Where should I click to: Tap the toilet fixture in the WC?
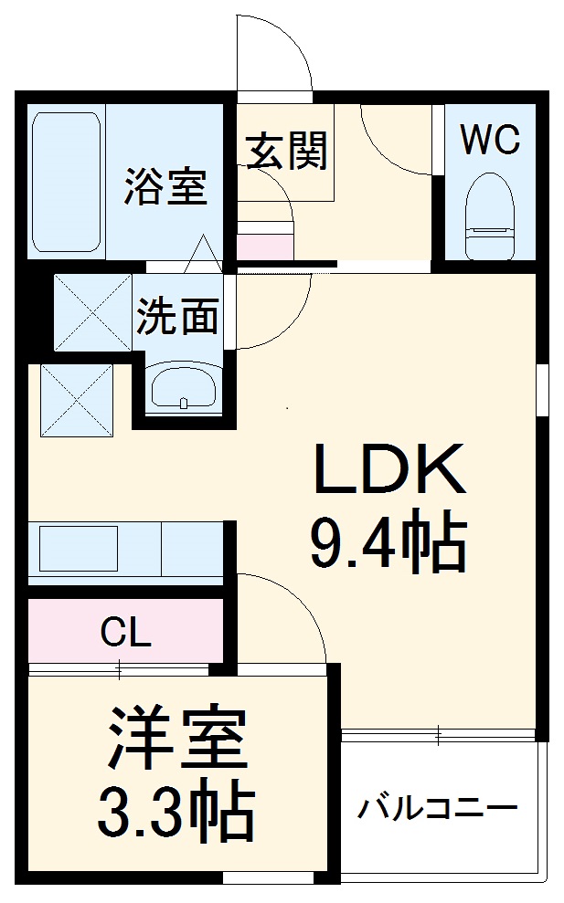pyautogui.click(x=490, y=215)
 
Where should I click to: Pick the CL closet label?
pyautogui.click(x=125, y=632)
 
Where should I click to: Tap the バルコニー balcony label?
pyautogui.click(x=437, y=808)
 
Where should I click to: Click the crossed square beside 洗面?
pyautogui.click(x=92, y=311)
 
